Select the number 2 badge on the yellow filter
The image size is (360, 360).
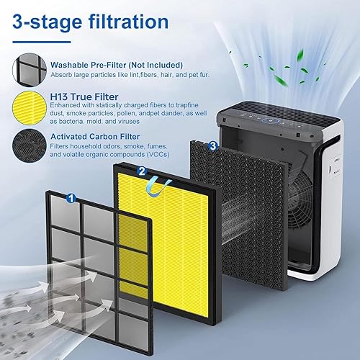tap(142, 171)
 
